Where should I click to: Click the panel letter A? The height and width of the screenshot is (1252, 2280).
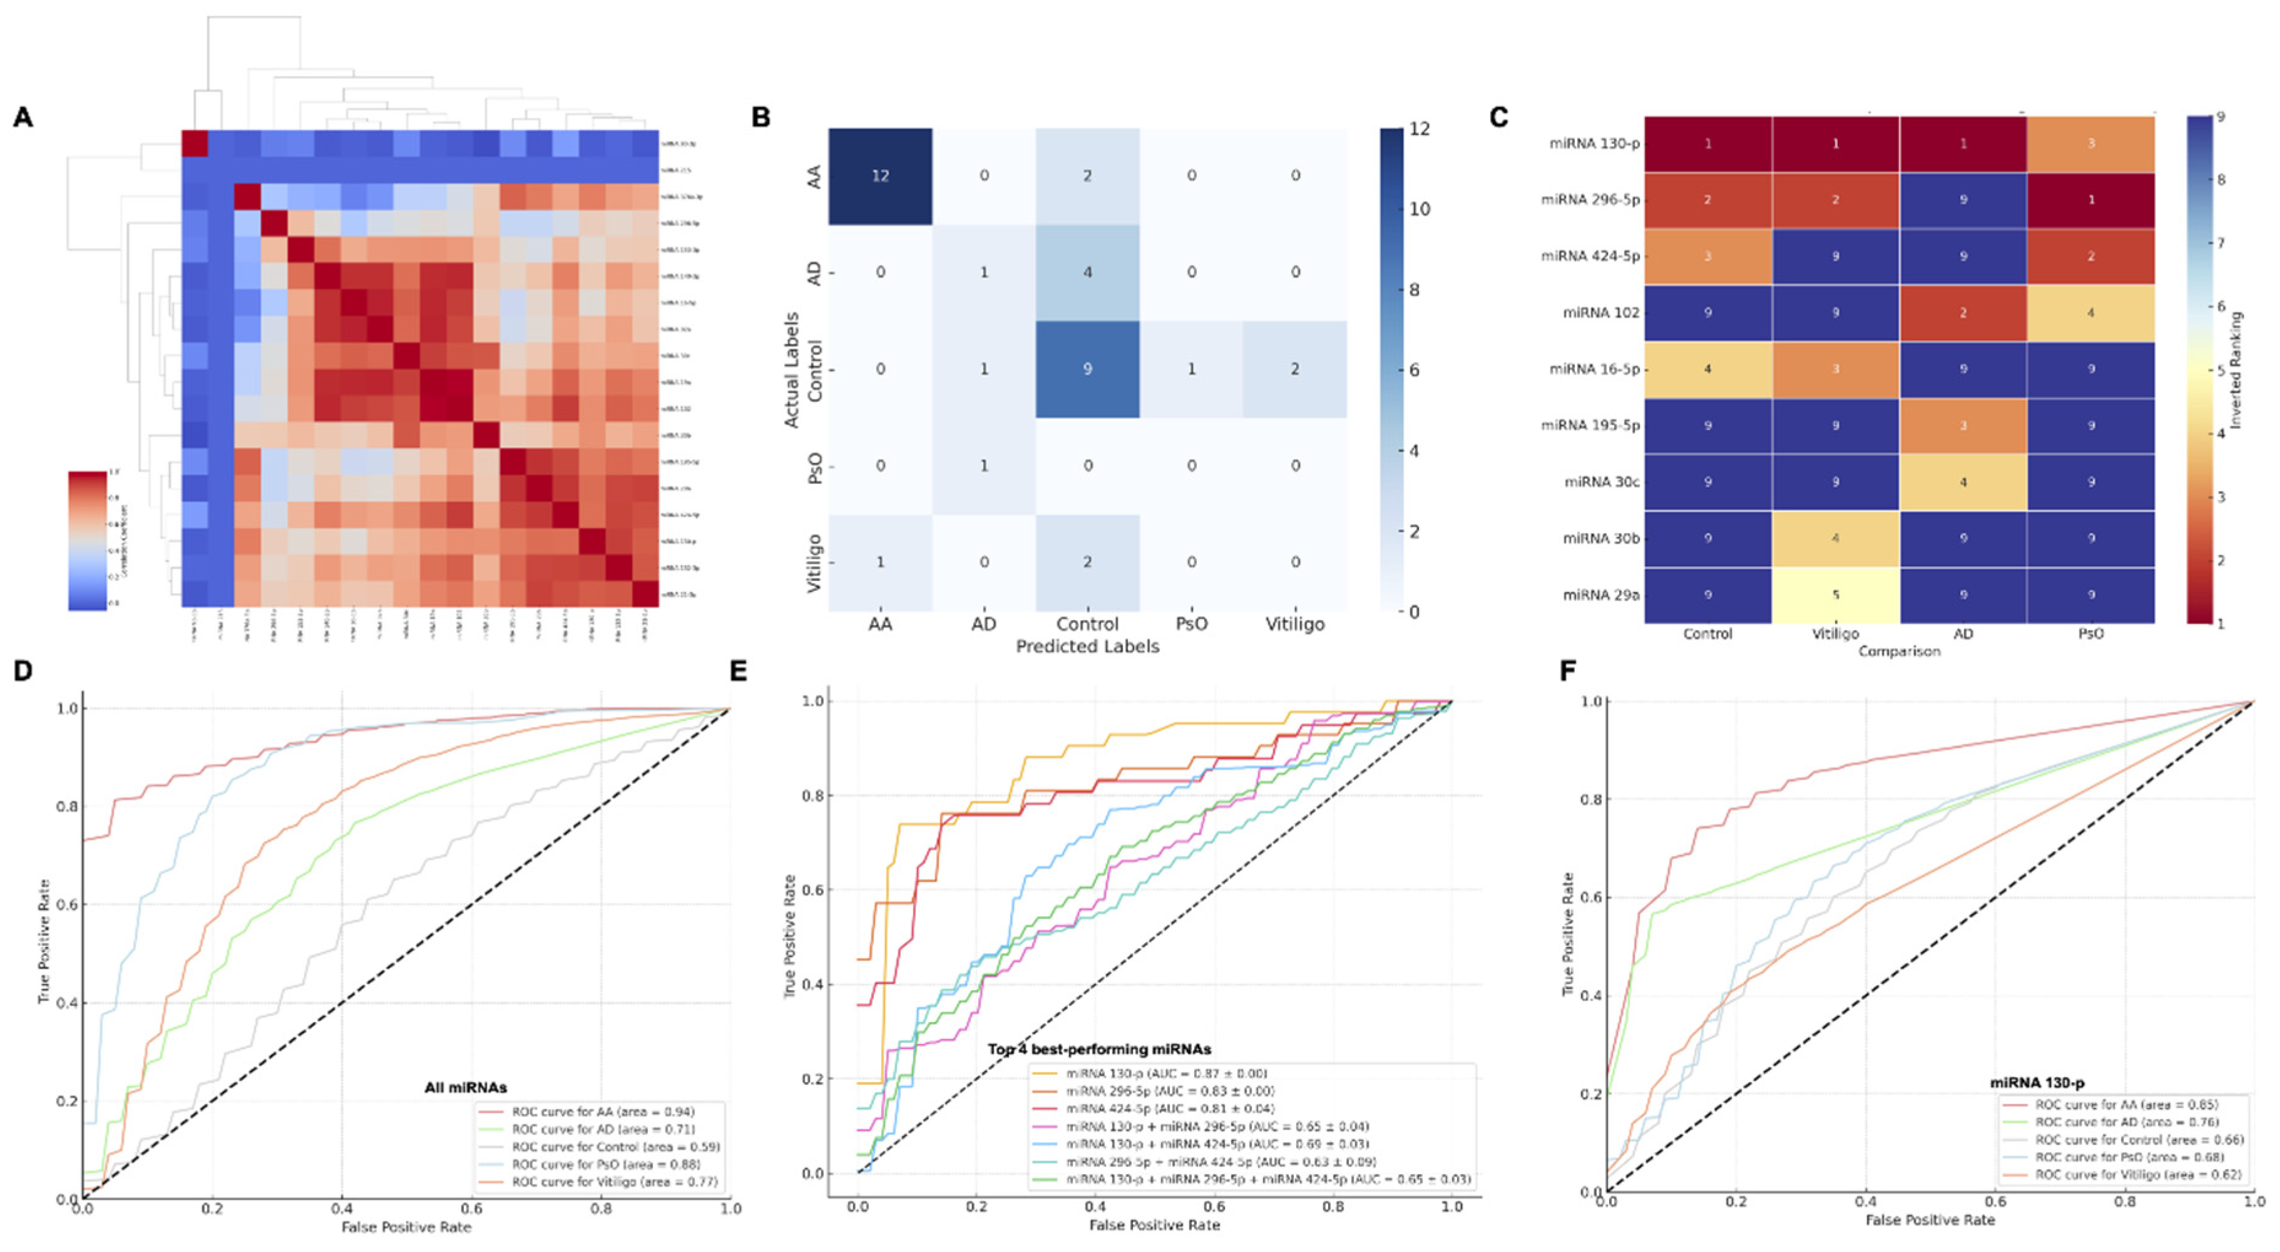click(23, 118)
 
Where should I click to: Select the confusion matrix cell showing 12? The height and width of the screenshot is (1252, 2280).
click(880, 176)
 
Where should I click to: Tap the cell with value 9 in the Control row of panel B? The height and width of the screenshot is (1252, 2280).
click(1087, 369)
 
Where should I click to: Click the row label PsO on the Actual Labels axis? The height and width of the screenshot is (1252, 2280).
click(815, 466)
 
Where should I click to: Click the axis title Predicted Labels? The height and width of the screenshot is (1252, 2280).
click(1087, 647)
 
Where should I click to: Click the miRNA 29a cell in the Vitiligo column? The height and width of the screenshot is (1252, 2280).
click(1835, 594)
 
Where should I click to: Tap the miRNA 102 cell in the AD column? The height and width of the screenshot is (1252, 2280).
click(1962, 312)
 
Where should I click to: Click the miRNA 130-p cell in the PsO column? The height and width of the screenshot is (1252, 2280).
click(2090, 144)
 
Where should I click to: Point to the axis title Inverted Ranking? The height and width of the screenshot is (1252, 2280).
click(2236, 370)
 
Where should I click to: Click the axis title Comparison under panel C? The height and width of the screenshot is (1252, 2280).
click(1898, 651)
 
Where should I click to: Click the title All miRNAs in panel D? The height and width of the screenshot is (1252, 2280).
click(466, 1088)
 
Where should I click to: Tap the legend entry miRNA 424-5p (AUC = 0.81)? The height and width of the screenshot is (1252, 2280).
click(1169, 1108)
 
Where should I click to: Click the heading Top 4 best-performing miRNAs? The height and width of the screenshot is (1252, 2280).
click(1099, 1050)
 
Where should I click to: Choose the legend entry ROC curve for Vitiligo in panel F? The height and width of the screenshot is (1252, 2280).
click(2138, 1175)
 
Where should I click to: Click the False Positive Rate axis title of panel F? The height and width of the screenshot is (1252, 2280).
click(1930, 1220)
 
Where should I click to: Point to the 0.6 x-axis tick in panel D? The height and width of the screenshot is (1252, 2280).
click(472, 1208)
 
